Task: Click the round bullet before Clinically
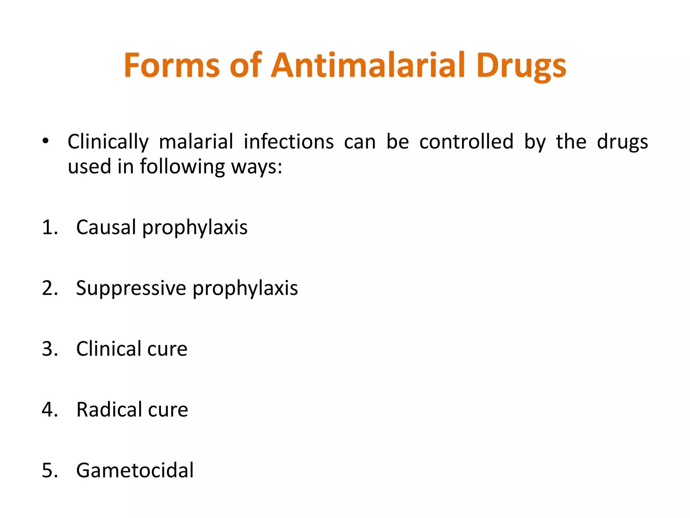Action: coord(46,141)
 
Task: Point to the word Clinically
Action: coord(108,142)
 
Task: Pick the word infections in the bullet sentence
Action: coord(289,141)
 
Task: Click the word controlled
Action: coord(466,141)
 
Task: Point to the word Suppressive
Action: coord(131,288)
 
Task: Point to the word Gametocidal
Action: coord(135,470)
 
